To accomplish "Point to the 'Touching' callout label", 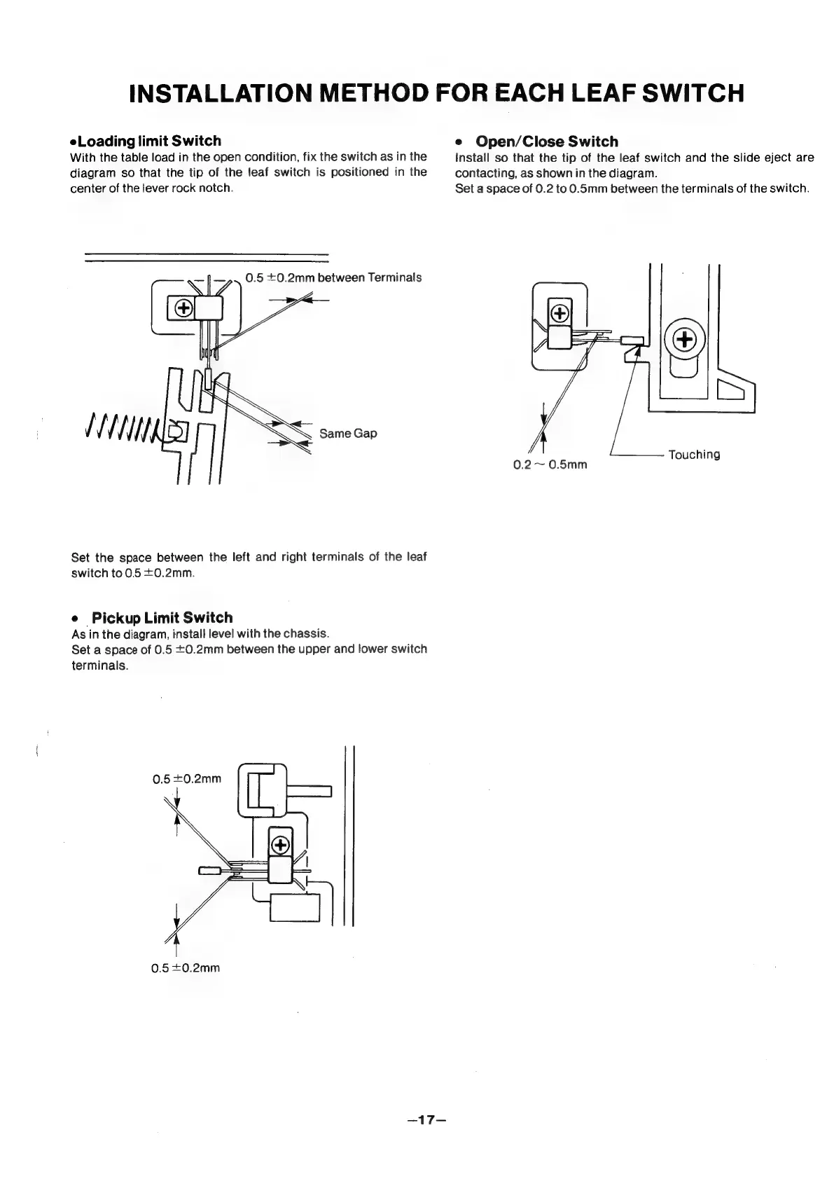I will pos(694,455).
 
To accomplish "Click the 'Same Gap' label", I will pos(348,433).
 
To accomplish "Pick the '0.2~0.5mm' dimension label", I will pos(550,464).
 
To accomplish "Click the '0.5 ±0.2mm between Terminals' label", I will pos(333,277).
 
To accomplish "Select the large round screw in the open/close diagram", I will pos(683,339).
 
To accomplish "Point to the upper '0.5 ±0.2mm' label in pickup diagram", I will pos(187,778).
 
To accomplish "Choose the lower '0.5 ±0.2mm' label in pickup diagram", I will pos(186,968).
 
